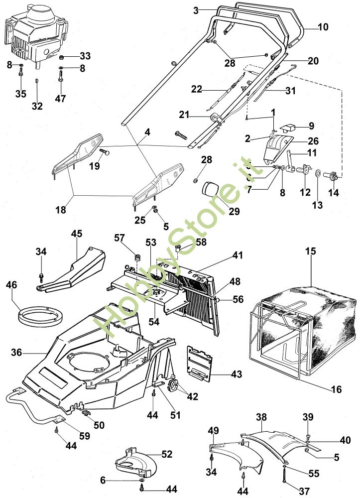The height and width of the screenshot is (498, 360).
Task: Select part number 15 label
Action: pos(310,251)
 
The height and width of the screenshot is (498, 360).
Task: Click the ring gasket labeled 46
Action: pos(42,315)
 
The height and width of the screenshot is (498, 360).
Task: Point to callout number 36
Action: pos(16,353)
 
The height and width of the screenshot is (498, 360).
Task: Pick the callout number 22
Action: pos(197,89)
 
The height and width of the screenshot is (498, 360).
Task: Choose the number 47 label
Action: pos(60,99)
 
